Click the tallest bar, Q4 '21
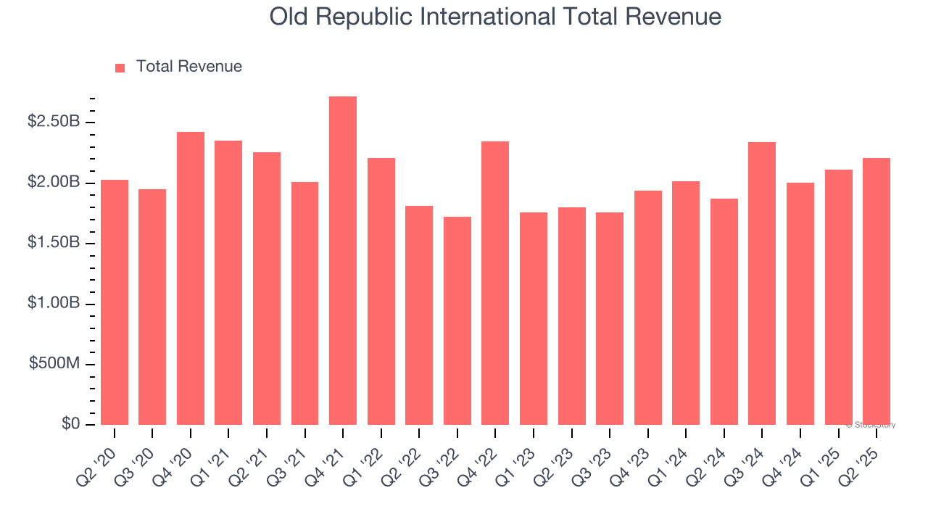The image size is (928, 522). click(343, 261)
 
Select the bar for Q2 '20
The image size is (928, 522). click(115, 302)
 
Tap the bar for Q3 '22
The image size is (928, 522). click(457, 320)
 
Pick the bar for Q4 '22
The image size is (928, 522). click(495, 283)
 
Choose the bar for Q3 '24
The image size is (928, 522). click(762, 283)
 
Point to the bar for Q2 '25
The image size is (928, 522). click(877, 291)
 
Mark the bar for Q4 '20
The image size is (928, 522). click(191, 278)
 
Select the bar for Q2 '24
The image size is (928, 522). click(724, 312)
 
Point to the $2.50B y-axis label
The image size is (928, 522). click(54, 122)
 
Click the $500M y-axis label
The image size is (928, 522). click(54, 364)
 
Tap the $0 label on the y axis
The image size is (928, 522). click(71, 424)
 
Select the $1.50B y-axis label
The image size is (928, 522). click(54, 243)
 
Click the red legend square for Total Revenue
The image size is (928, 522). click(120, 67)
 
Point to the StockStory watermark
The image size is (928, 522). click(871, 425)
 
